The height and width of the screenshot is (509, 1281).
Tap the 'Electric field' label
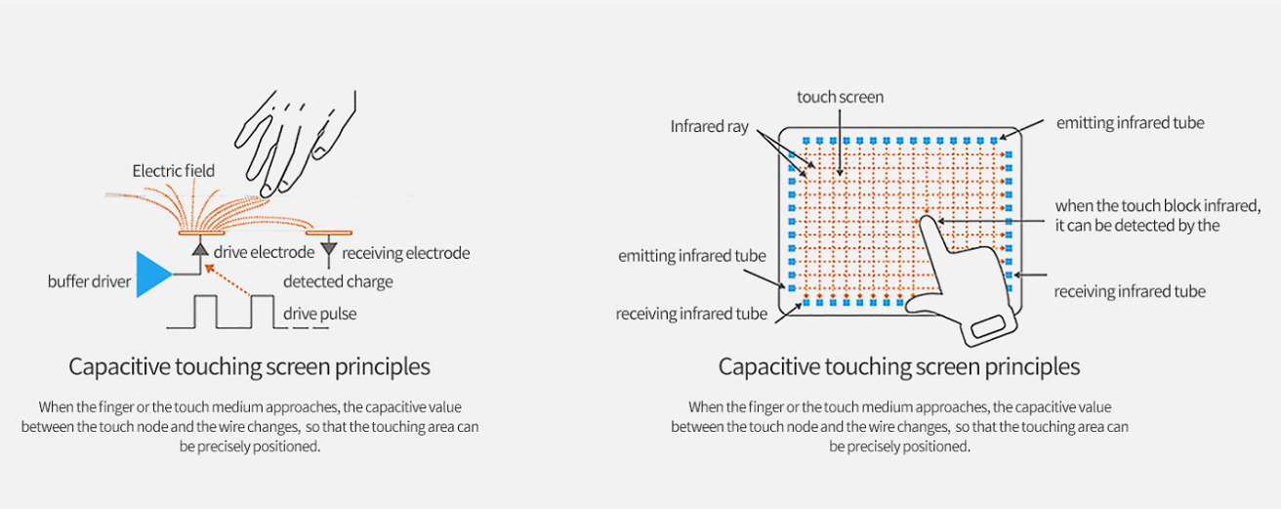click(173, 171)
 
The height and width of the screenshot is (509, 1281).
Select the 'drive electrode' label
click(264, 252)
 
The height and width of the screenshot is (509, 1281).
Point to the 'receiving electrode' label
click(405, 253)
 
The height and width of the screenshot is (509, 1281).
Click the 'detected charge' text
click(338, 281)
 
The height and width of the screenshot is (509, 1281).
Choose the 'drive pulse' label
click(319, 314)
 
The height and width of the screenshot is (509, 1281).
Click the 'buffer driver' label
click(89, 281)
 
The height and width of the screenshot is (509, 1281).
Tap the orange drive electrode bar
click(201, 233)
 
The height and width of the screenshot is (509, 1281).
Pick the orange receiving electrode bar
click(328, 233)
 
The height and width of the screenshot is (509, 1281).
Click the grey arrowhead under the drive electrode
click(200, 249)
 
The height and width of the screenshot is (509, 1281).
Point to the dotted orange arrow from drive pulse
click(227, 280)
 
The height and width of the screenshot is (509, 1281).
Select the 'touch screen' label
click(840, 98)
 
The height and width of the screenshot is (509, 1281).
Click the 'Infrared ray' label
click(709, 126)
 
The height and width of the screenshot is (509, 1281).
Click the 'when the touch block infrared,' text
click(1158, 206)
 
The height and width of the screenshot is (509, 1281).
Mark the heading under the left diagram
click(249, 367)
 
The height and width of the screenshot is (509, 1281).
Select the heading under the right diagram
click(899, 367)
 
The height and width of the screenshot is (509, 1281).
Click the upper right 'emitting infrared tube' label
click(1130, 123)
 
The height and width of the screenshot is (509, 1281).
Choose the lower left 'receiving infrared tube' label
click(691, 314)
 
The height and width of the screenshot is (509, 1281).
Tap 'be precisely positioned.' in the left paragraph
click(250, 446)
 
